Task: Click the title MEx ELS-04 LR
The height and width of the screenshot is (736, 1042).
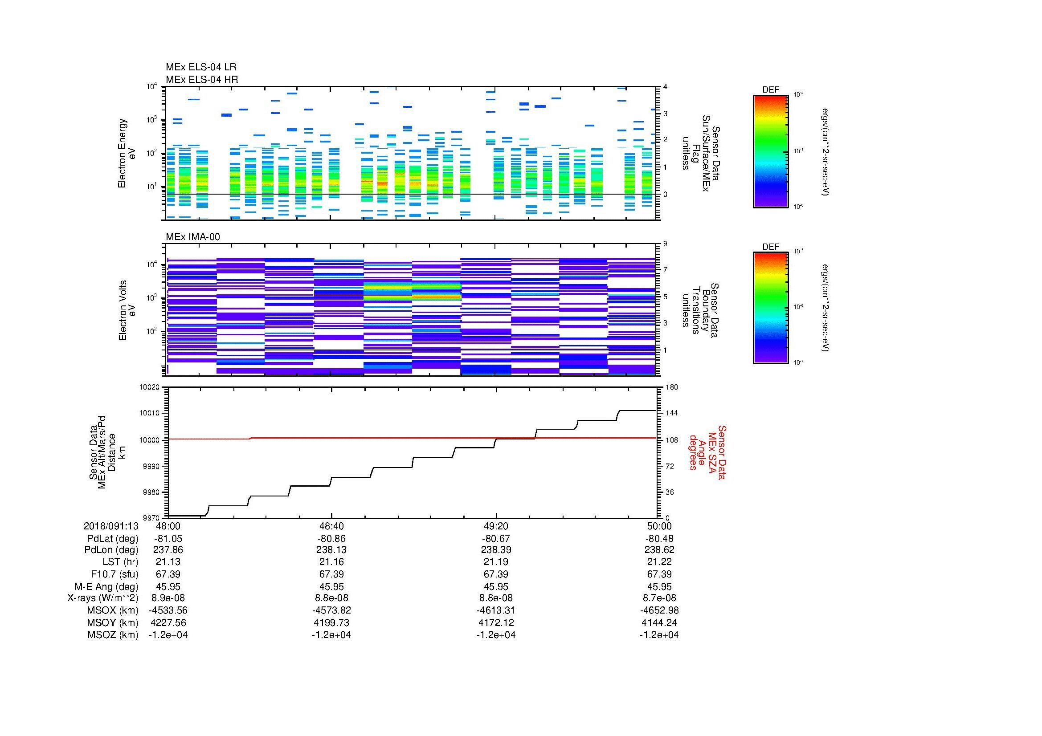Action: (200, 67)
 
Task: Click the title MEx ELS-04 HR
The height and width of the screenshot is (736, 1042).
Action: (201, 79)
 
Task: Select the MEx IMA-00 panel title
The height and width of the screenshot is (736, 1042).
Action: (192, 237)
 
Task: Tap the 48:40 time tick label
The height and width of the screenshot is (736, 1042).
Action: (331, 526)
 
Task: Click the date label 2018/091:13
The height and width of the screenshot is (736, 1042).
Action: (110, 526)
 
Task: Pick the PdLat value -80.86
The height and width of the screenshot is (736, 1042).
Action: (331, 538)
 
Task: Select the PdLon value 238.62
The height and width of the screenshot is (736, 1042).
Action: (659, 549)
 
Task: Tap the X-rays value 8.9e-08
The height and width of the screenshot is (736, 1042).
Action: (168, 598)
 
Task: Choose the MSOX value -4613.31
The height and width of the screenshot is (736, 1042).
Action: (495, 610)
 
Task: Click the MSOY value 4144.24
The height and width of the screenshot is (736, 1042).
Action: (659, 622)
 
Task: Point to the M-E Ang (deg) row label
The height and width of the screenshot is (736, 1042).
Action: (106, 586)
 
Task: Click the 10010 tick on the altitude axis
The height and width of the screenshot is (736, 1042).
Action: (149, 413)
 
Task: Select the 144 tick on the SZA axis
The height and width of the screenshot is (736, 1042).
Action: (671, 413)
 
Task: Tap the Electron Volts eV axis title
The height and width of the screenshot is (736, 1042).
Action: (127, 310)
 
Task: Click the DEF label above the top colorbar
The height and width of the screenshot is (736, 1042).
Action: (770, 90)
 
